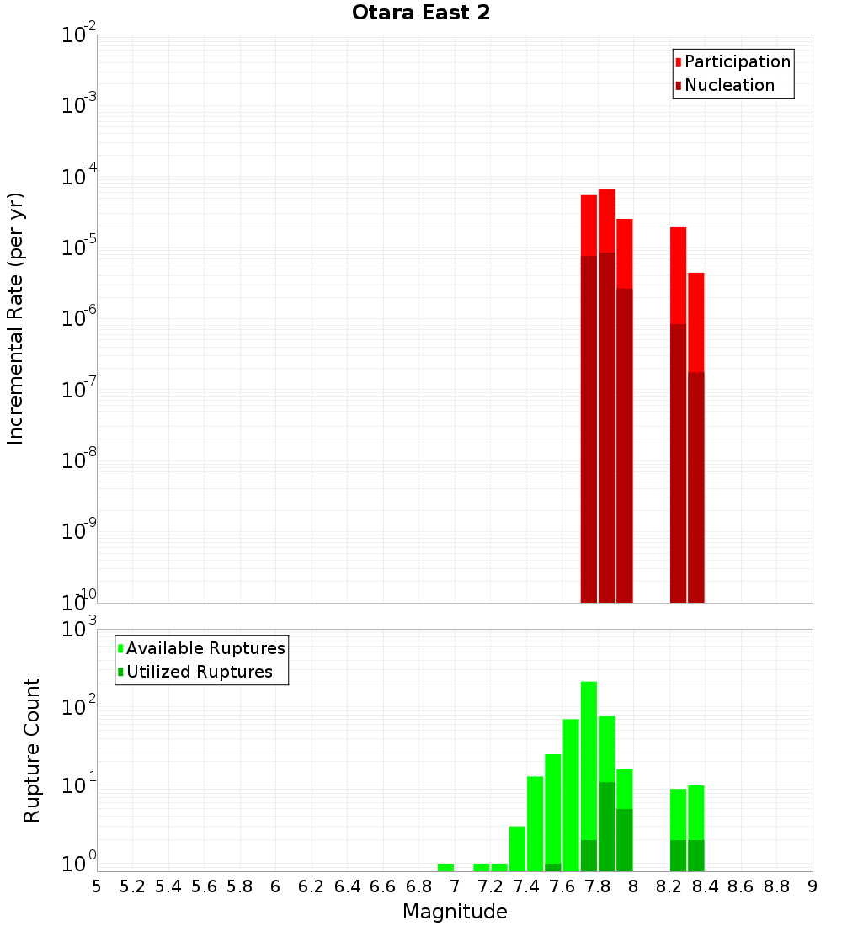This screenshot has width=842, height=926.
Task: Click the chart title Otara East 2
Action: [420, 13]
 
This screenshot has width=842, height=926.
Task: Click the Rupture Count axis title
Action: [32, 750]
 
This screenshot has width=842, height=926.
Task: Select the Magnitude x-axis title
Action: [455, 912]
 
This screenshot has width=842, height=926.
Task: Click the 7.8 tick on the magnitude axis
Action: [598, 886]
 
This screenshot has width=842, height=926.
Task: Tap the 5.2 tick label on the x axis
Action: [132, 886]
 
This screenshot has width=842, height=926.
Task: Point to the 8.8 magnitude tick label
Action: [776, 886]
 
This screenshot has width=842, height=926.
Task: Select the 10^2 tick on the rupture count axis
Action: [81, 708]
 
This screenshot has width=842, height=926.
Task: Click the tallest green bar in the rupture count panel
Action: [589, 774]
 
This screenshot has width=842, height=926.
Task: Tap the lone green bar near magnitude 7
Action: [445, 867]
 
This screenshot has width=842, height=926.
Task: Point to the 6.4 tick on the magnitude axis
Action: [347, 886]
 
